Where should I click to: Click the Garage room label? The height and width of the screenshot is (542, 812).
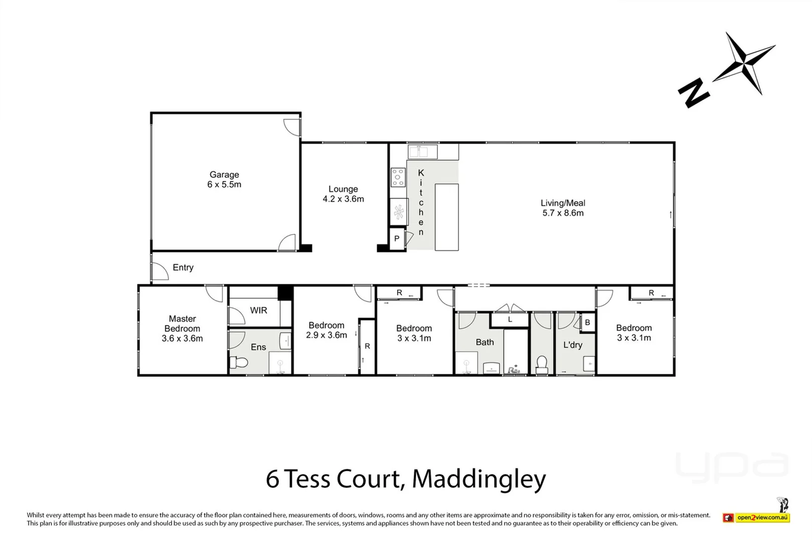[x=224, y=175]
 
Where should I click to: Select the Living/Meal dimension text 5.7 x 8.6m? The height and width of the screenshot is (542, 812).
[x=563, y=213]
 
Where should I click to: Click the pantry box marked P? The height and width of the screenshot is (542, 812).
[x=397, y=239]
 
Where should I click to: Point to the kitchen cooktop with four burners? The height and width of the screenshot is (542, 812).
[x=398, y=177]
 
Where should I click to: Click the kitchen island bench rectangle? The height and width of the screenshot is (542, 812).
[x=446, y=217]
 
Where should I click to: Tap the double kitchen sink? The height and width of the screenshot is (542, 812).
[x=422, y=151]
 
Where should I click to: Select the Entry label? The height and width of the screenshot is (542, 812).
[x=183, y=267]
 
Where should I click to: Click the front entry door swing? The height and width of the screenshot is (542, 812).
[x=160, y=272]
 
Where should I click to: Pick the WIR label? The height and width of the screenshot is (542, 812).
[x=258, y=310]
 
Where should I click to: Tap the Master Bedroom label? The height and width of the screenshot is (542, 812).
[x=182, y=324]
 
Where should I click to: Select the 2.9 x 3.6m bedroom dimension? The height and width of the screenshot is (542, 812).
[x=327, y=335]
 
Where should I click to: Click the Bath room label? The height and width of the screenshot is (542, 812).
[x=484, y=342]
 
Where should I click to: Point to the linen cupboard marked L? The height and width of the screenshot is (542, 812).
[x=510, y=319]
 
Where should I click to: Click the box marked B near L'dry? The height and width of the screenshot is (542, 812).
[x=587, y=323]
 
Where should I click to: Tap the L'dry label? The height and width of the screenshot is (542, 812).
[x=572, y=345]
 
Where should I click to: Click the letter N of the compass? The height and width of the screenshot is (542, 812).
[x=693, y=93]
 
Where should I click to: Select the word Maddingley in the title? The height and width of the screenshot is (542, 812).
[x=478, y=479]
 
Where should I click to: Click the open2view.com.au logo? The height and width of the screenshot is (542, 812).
[x=762, y=517]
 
